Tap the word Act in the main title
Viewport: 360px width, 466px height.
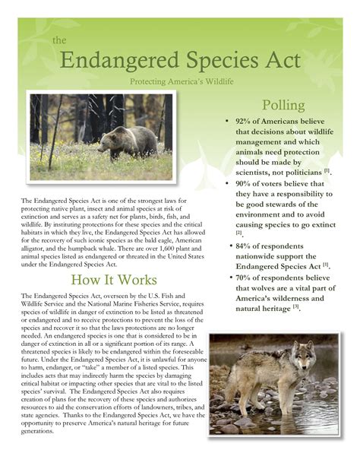tap(280, 60)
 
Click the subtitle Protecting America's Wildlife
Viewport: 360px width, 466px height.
tap(179, 81)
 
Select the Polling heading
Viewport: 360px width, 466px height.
tap(283, 105)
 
